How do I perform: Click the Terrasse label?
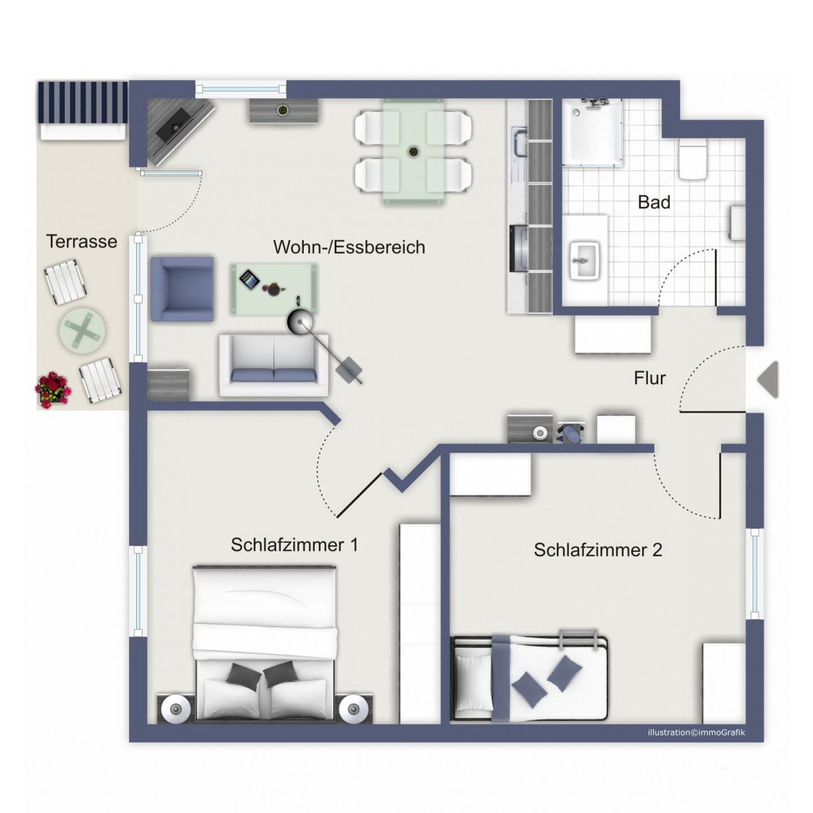click(x=81, y=241)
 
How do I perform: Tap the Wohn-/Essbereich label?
click(x=349, y=247)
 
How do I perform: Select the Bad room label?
click(x=654, y=202)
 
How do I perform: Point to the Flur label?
click(x=650, y=378)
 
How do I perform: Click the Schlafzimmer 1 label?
click(x=295, y=545)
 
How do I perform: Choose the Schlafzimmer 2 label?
click(x=598, y=550)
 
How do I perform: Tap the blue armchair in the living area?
click(x=182, y=289)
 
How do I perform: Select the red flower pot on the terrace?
click(x=52, y=390)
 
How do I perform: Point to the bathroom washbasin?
click(x=585, y=260)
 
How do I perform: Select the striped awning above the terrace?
click(x=82, y=103)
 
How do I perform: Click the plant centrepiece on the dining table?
click(x=413, y=151)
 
